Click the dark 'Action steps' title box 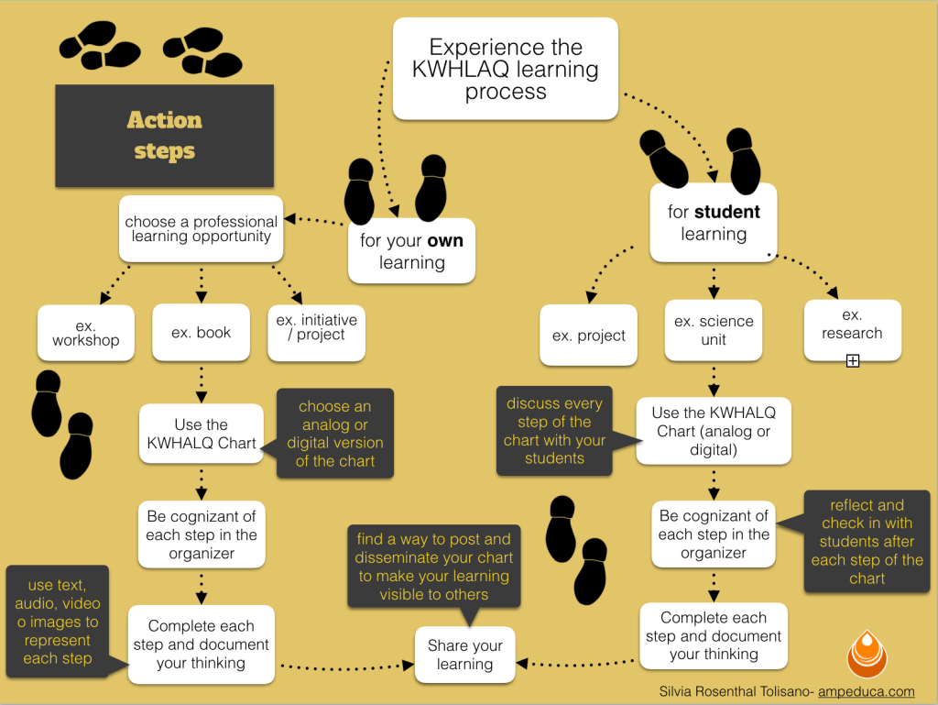(x=165, y=135)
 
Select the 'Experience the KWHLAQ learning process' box (x=505, y=70)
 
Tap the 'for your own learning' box (x=411, y=250)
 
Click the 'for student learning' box (x=713, y=222)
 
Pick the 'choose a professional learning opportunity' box (x=201, y=229)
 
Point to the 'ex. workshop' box (x=85, y=333)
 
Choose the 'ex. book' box (x=201, y=333)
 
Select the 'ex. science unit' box (x=713, y=330)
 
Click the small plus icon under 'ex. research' (x=852, y=361)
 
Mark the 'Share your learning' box (x=464, y=655)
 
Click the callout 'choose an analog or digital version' (x=334, y=434)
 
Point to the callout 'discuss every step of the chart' (x=554, y=431)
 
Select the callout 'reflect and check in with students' (x=867, y=541)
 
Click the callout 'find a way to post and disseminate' (x=433, y=566)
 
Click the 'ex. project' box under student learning (x=588, y=336)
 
